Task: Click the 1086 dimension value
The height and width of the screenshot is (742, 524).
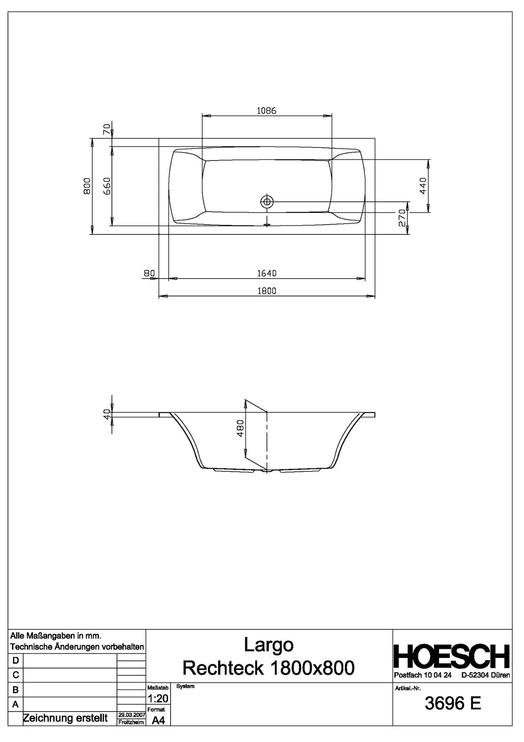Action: (x=267, y=111)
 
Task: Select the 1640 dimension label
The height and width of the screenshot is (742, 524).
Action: (x=267, y=273)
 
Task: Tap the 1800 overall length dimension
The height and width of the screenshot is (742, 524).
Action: (x=267, y=291)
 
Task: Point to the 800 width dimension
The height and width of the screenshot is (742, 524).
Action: (x=87, y=186)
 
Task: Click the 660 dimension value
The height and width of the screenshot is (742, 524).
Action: (x=107, y=186)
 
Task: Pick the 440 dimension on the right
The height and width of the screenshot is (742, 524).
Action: (x=423, y=186)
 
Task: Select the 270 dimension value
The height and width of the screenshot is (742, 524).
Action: (x=402, y=218)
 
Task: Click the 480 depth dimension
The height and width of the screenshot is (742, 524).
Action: (x=240, y=428)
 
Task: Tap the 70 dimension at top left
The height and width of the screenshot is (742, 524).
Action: (x=107, y=129)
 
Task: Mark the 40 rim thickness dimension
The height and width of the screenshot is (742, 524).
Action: (x=107, y=414)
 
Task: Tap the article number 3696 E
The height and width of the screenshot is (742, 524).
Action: (x=453, y=704)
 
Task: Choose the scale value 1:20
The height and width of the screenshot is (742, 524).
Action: (x=158, y=698)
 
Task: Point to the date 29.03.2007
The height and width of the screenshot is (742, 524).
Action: (x=132, y=715)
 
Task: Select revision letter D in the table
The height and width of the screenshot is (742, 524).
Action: (x=16, y=660)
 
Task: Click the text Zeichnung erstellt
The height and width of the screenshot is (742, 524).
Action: (x=65, y=718)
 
